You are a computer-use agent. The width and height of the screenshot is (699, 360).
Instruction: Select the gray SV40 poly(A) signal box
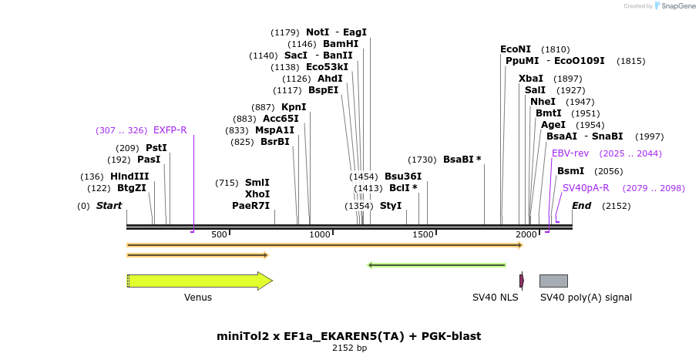tap(553, 281)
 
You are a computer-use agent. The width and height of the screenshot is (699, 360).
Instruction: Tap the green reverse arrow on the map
tap(437, 265)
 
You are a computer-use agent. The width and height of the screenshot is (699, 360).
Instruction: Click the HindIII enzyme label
tap(129, 177)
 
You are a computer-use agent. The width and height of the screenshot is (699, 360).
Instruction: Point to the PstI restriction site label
tap(156, 148)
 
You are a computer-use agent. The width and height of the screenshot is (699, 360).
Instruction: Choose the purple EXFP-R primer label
tap(170, 130)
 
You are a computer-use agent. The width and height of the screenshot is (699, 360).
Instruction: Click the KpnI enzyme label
tap(294, 107)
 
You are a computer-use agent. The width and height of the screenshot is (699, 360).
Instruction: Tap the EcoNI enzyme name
tap(516, 49)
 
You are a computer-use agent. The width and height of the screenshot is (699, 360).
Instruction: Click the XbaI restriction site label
tap(531, 79)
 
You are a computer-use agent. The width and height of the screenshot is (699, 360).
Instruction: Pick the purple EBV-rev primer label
tap(570, 153)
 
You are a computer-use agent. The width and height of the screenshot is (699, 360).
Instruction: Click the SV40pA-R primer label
tap(586, 188)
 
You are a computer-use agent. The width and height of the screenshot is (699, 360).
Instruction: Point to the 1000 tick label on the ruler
tap(319, 234)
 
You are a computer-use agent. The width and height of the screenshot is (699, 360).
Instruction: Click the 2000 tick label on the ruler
tap(526, 234)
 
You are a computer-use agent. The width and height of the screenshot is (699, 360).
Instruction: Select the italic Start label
tap(109, 206)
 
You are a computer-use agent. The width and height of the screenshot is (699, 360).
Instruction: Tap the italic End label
tap(581, 206)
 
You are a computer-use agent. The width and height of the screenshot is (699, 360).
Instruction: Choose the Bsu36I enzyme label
tap(403, 177)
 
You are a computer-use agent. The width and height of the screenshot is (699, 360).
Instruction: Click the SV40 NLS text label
tap(496, 298)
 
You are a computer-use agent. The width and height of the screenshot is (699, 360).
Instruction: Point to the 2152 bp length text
tap(349, 348)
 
